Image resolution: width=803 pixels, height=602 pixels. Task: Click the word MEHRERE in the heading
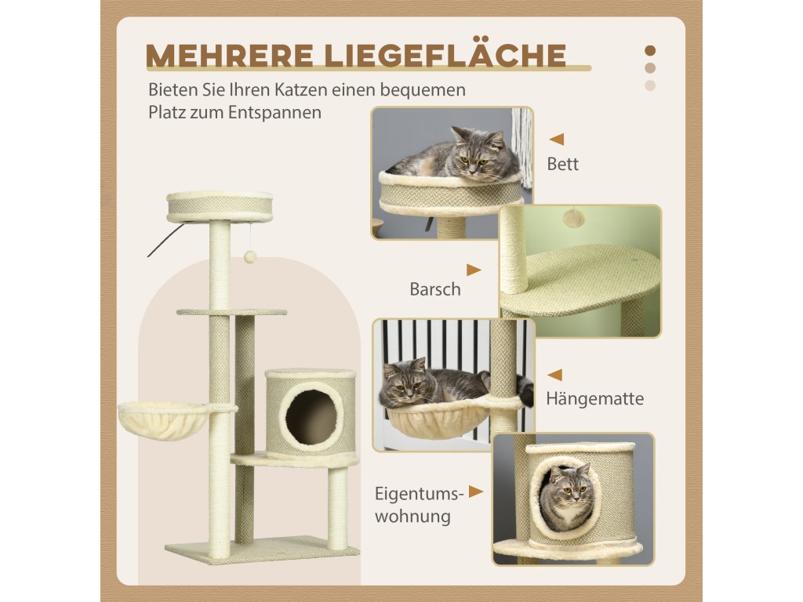230,56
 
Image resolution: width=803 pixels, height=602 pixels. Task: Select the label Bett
562,164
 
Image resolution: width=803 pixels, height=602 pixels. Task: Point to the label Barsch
435,289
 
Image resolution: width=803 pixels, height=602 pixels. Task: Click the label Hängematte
594,398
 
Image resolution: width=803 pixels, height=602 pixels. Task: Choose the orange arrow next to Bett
557,139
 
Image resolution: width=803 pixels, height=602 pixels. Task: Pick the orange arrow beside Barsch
474,270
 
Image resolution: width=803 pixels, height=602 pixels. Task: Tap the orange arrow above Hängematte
554,375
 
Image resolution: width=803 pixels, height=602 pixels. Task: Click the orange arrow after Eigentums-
476,492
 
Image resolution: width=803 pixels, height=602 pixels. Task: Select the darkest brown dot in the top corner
650,51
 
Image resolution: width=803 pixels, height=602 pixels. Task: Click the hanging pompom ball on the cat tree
250,257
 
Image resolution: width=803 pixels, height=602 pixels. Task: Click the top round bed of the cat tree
220,206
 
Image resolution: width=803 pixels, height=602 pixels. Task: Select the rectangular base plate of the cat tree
262,550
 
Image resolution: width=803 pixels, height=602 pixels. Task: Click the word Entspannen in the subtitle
275,113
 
